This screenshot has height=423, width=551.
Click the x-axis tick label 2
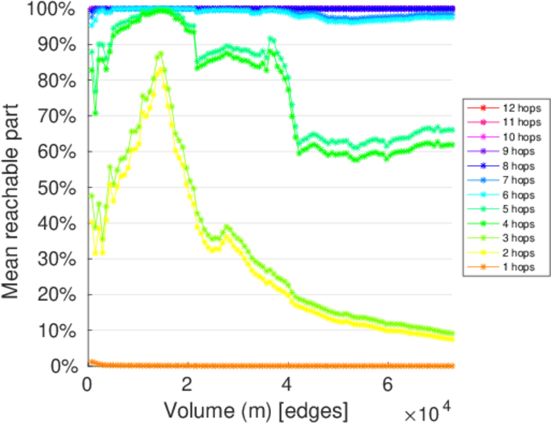pos(187,385)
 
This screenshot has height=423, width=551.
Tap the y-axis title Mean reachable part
pos(14,187)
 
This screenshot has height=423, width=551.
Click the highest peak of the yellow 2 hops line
pos(162,70)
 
